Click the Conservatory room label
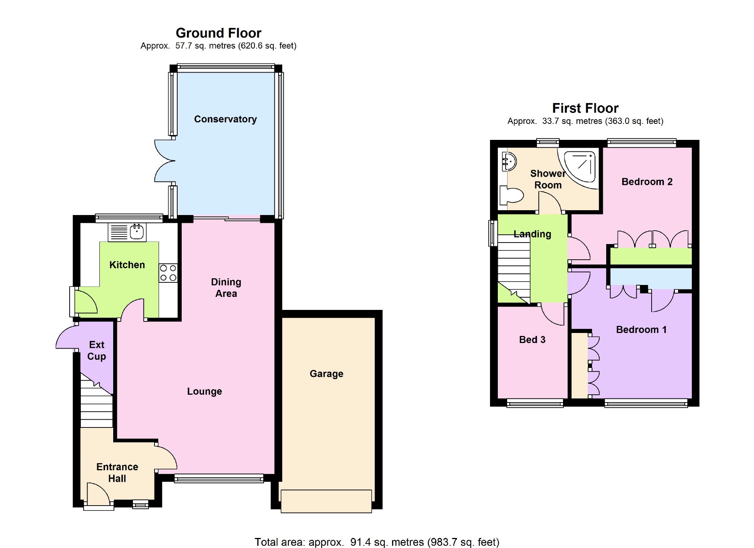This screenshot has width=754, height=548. [225, 119]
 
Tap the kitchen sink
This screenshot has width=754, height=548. [127, 232]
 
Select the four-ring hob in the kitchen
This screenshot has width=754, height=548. [168, 273]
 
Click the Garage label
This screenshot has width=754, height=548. [327, 374]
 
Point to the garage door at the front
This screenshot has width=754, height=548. [326, 501]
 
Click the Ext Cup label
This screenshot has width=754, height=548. [97, 350]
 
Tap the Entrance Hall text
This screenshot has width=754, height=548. [117, 472]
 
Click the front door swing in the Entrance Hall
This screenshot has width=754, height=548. [98, 493]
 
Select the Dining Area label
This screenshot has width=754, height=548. [226, 288]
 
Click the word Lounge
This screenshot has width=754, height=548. [204, 391]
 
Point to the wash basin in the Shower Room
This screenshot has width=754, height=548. [508, 161]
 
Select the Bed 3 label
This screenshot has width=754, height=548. [532, 339]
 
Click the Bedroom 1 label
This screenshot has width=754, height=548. [641, 329]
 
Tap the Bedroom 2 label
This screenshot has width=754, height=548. [647, 182]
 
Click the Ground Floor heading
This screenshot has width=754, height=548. [218, 33]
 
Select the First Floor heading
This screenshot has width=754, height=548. [585, 108]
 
